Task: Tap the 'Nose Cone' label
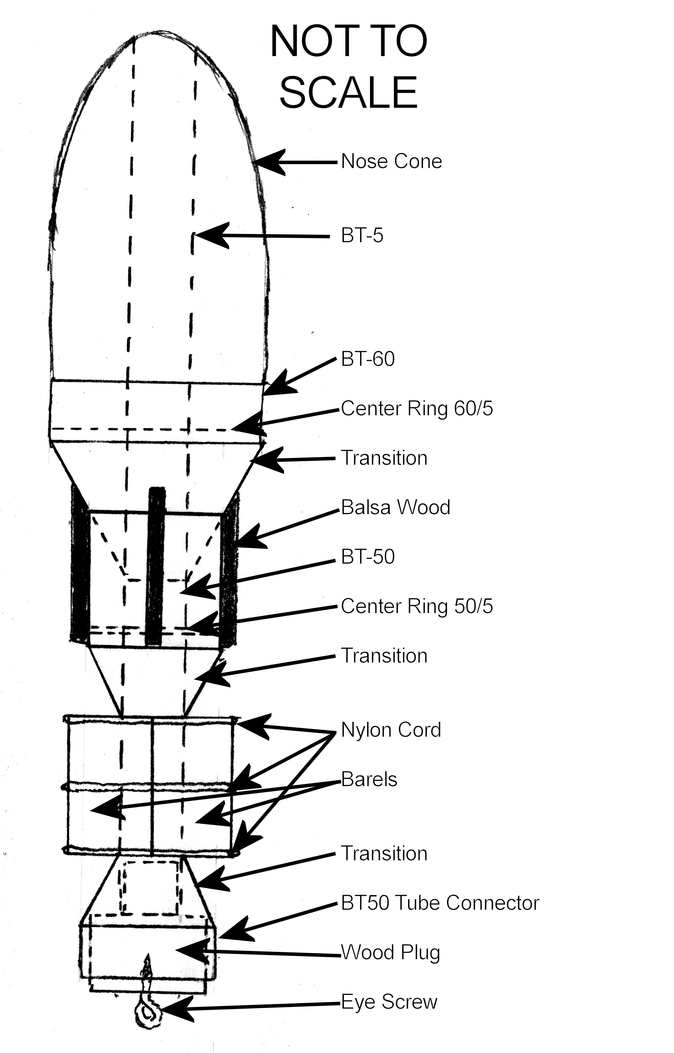pyautogui.click(x=391, y=162)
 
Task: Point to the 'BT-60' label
pyautogui.click(x=368, y=359)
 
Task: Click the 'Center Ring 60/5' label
pyautogui.click(x=417, y=409)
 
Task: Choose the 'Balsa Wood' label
pyautogui.click(x=395, y=508)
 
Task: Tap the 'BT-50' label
pyautogui.click(x=368, y=557)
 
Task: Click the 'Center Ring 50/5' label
pyautogui.click(x=417, y=606)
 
